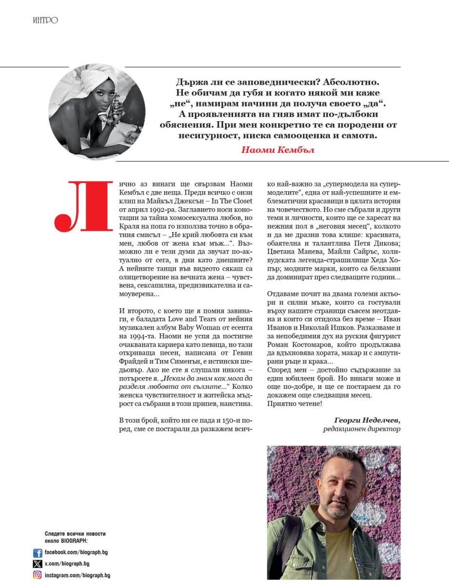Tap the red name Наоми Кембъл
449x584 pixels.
[x=277, y=149]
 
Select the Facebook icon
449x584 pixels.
[x=38, y=553]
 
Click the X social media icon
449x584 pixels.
[x=38, y=564]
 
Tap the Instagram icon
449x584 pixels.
[x=38, y=575]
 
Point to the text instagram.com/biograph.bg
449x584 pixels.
[x=78, y=575]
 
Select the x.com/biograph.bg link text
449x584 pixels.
[x=67, y=564]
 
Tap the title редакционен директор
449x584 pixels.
[x=361, y=429]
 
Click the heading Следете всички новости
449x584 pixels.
[x=75, y=534]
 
